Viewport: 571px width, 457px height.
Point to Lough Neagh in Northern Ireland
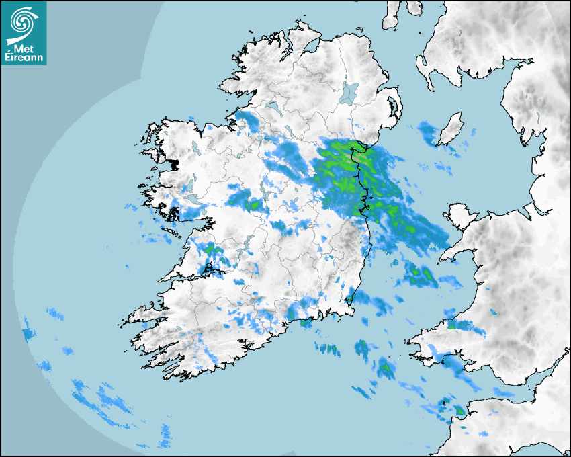pos(350,92)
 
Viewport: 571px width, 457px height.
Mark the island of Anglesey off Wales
pos(459,216)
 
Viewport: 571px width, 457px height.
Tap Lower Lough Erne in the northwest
pos(271,106)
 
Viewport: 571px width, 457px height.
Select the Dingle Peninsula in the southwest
pos(144,315)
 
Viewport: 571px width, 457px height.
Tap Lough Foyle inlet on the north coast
pos(312,47)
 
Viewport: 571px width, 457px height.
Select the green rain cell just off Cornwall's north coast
pos(459,409)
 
